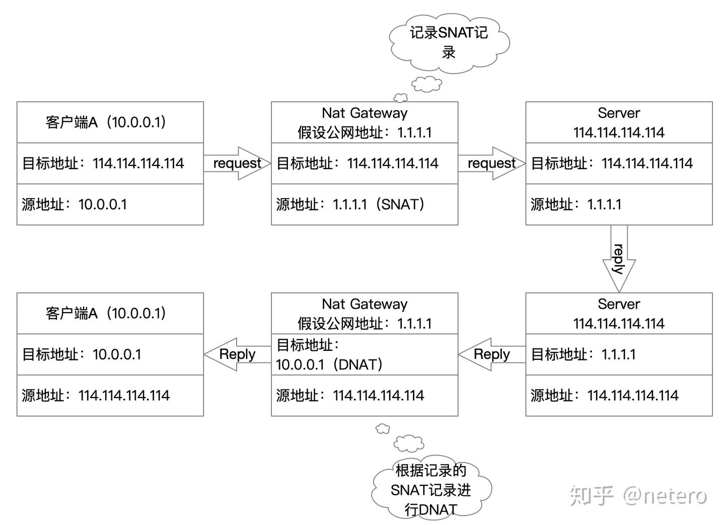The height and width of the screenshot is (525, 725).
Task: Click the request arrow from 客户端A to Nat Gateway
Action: [x=237, y=163]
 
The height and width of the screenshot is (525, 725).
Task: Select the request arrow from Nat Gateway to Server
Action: [x=491, y=163]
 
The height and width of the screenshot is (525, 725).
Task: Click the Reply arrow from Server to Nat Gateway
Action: [x=491, y=354]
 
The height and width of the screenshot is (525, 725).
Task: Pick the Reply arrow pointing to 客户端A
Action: [x=237, y=354]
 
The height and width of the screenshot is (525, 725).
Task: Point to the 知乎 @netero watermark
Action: [x=638, y=496]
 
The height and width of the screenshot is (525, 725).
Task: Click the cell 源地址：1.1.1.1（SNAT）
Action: [x=365, y=204]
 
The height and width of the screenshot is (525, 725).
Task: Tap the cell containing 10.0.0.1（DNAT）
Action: [x=365, y=354]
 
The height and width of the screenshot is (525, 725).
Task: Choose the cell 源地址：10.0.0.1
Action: [x=110, y=204]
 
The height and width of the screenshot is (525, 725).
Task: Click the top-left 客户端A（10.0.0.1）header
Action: [x=110, y=122]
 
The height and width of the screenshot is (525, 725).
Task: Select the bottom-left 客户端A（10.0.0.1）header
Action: [x=110, y=313]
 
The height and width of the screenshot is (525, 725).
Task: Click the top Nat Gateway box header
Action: [x=365, y=122]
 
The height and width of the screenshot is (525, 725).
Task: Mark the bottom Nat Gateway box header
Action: [x=365, y=313]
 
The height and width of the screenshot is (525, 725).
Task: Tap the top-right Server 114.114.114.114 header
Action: [x=619, y=122]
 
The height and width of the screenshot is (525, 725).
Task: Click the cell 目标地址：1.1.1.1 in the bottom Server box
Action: [x=619, y=354]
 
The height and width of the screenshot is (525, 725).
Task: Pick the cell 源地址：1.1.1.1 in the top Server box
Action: [x=619, y=204]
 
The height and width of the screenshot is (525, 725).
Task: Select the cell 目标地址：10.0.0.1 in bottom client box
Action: [x=110, y=354]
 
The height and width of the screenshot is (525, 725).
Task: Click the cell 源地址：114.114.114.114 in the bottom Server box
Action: [x=619, y=396]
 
